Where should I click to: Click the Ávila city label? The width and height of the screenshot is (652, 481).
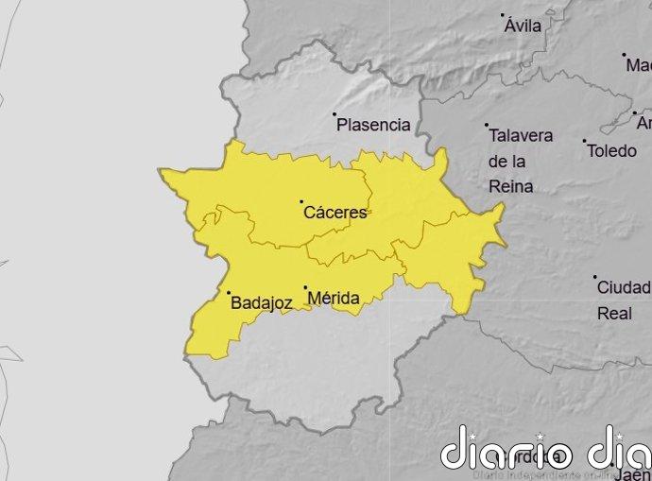(523, 26)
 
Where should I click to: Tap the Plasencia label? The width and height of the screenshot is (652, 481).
(373, 125)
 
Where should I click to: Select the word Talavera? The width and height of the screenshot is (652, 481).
(521, 136)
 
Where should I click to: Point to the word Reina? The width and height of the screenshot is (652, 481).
(510, 187)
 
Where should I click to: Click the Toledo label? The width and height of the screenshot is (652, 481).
(611, 151)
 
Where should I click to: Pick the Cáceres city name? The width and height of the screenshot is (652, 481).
(335, 213)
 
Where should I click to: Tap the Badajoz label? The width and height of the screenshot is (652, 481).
(261, 303)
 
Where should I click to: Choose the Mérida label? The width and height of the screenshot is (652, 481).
(334, 300)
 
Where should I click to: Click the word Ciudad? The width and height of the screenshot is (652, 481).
(623, 287)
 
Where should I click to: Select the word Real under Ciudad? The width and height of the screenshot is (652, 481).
(614, 313)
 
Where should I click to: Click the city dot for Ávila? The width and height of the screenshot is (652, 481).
(504, 15)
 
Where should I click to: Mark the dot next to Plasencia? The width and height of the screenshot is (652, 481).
(335, 114)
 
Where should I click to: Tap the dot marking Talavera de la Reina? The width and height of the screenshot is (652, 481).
(487, 125)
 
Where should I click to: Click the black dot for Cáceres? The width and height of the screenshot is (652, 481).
(301, 201)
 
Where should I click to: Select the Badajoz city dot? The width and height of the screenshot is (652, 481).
(229, 293)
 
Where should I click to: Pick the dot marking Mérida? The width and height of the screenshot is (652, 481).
(305, 287)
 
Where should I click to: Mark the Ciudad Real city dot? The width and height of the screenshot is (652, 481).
(594, 277)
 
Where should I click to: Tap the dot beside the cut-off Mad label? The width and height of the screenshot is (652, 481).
(624, 55)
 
